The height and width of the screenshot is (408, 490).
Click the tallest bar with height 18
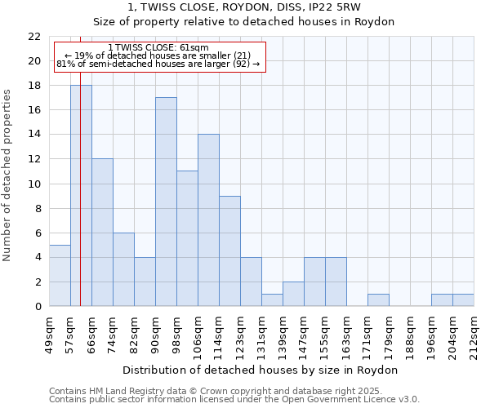point(81,196)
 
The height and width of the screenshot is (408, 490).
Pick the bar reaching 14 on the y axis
point(208,220)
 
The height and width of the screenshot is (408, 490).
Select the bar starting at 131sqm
point(272,300)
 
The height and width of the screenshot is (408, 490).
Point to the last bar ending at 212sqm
point(463,300)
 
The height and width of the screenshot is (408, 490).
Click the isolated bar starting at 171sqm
point(378,300)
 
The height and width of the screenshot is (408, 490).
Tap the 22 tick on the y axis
point(34,37)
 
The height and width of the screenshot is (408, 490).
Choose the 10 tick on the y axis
point(34,184)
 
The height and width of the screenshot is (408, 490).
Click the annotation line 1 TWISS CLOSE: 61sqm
point(158,48)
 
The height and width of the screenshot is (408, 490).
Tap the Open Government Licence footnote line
point(234,400)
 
